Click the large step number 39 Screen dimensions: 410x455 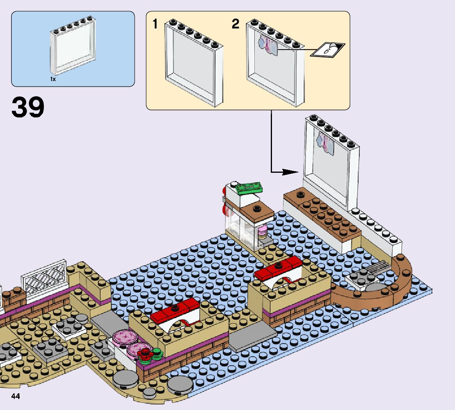(28, 108)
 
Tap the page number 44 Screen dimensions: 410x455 (15, 396)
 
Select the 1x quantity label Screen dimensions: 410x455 (53, 79)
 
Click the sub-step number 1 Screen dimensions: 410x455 (155, 25)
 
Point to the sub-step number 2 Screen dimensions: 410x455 (236, 25)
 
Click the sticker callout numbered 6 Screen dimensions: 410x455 (327, 50)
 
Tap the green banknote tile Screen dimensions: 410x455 (248, 187)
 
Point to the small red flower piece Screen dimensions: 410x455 (144, 354)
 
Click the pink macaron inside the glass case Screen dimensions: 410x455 (262, 229)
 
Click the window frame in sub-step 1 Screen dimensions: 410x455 (194, 63)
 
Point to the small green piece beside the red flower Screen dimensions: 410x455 (157, 352)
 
